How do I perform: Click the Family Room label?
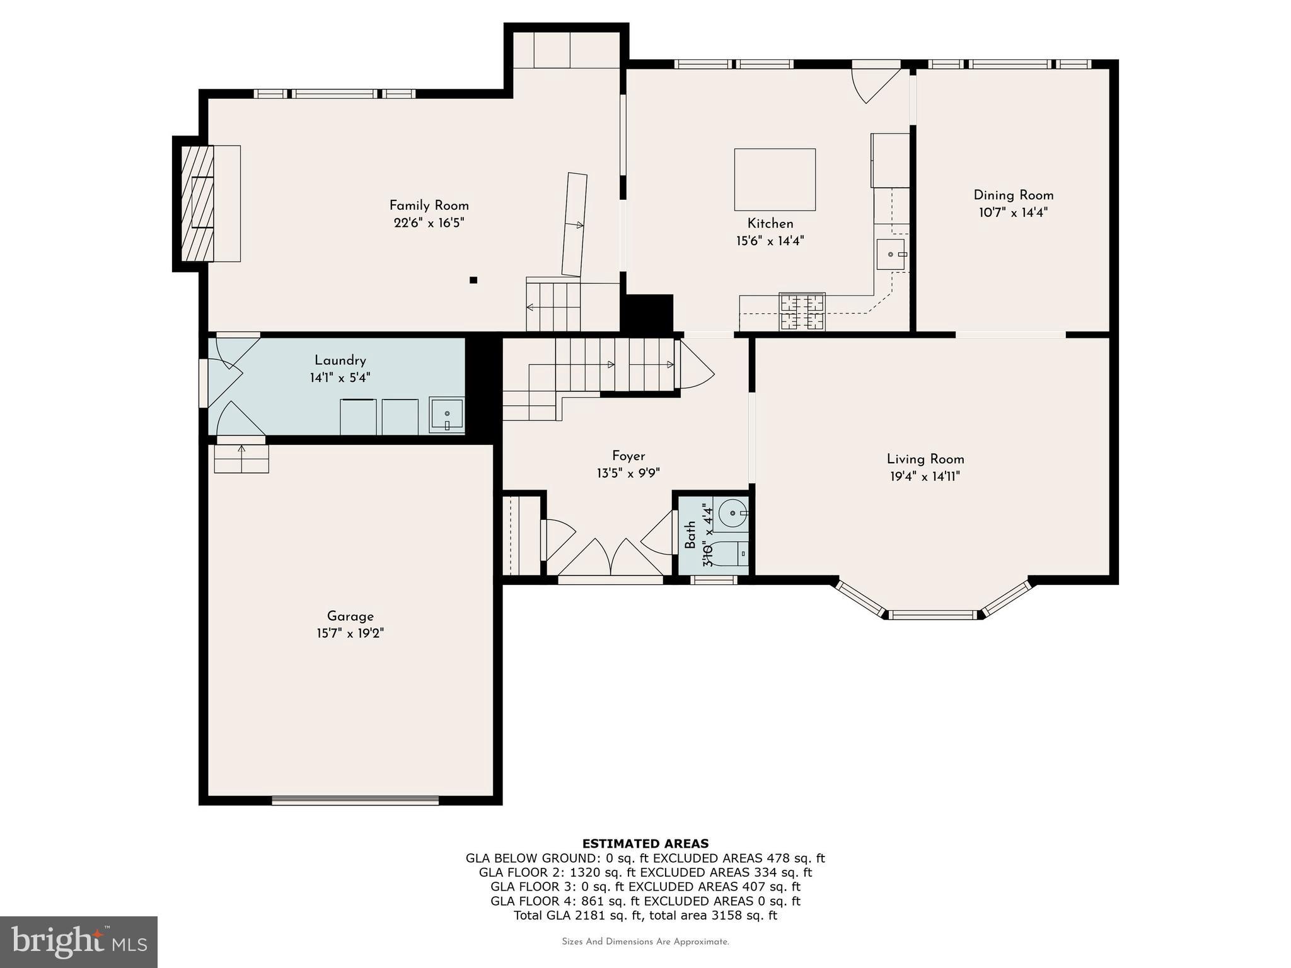click(429, 205)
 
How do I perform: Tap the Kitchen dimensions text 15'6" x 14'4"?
click(770, 241)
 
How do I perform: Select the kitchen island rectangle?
click(775, 180)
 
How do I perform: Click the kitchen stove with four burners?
click(802, 311)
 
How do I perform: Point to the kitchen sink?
click(891, 254)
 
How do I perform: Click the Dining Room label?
click(1013, 195)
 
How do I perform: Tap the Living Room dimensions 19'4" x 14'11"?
click(925, 477)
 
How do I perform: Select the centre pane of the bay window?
click(934, 614)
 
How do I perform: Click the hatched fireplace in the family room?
click(197, 203)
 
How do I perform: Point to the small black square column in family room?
click(473, 280)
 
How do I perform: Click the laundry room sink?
click(447, 415)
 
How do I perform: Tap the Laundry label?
click(340, 360)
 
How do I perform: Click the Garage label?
click(350, 616)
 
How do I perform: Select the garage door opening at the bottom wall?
click(355, 800)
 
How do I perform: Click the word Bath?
click(691, 534)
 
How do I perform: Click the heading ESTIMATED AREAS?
click(645, 843)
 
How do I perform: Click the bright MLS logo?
click(79, 942)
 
